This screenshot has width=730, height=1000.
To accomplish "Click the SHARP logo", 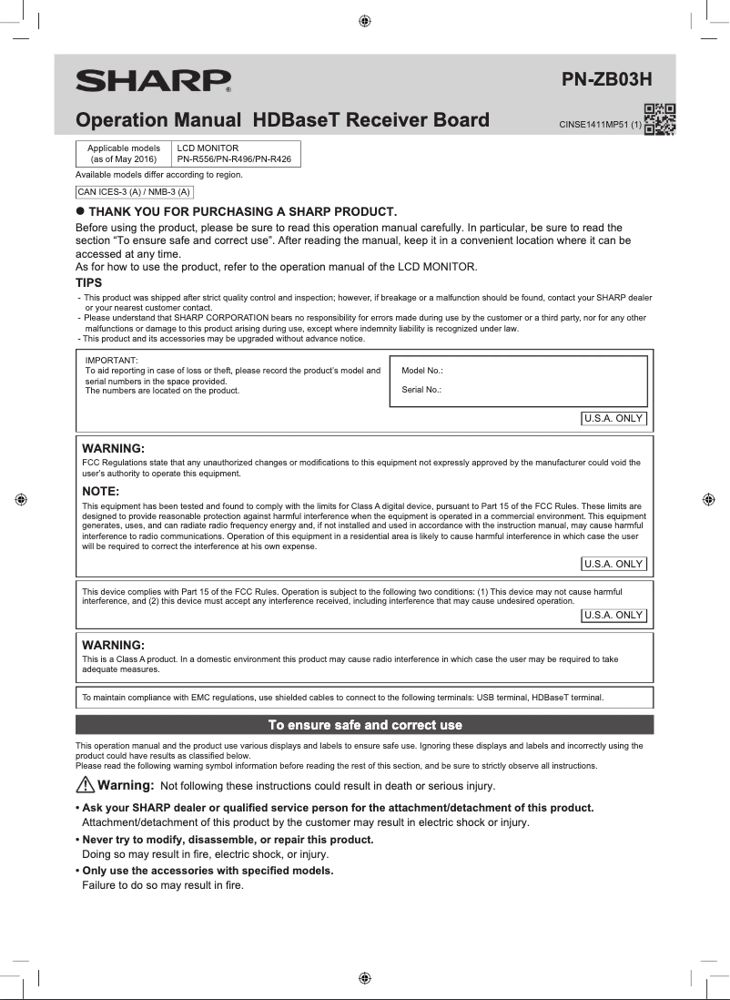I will pos(152,81).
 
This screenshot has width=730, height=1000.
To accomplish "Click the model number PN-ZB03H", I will pos(607,79).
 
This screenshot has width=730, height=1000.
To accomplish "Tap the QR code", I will pos(660,119).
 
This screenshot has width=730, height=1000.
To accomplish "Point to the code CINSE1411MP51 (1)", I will pos(600,125).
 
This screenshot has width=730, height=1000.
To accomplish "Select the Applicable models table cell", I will pos(123,153).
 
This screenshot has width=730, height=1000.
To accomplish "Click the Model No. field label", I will pos(421,371).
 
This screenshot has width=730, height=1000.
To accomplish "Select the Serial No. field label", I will pos(421,390).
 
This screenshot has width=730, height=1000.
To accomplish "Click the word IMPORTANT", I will pos(111,361).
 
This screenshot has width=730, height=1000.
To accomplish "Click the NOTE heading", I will pos(101,492).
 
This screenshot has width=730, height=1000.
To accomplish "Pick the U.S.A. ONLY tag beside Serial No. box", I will pos(613,419).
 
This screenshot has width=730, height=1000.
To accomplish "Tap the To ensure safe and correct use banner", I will pos(364,725).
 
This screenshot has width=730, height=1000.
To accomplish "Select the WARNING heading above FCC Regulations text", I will pos(114,449).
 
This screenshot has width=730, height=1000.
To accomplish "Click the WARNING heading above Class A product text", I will pos(114,645).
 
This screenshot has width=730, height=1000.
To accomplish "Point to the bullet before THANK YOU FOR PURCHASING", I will pos(80,211).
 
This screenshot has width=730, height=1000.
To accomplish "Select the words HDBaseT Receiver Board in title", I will pos(370,120).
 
